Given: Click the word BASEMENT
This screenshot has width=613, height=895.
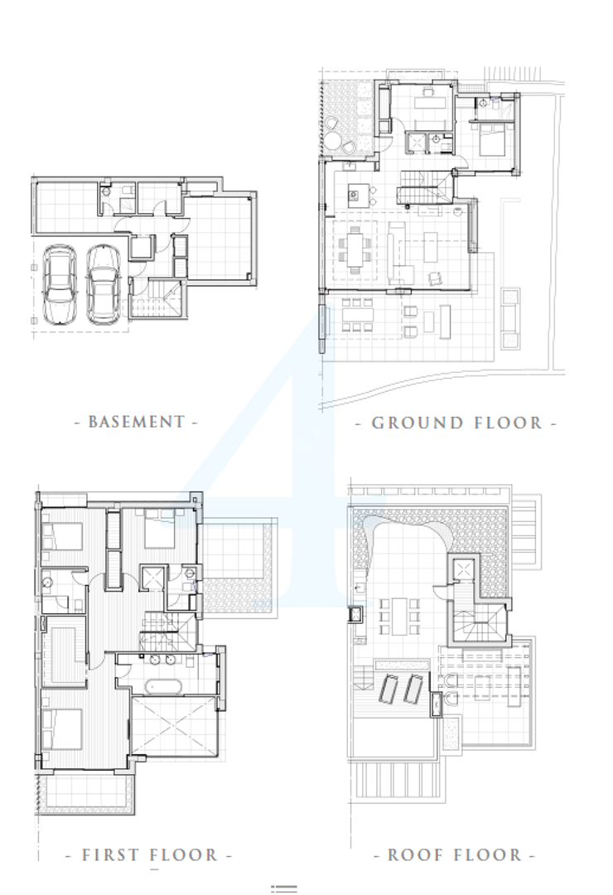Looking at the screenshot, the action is [x=137, y=422].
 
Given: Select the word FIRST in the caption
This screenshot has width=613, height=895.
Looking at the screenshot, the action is [x=111, y=855].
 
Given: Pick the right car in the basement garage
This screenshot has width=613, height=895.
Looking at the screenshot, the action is [x=104, y=284].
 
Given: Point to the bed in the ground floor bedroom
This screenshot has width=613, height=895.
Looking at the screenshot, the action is [x=491, y=140].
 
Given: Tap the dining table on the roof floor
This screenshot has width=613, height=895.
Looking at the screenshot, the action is [x=399, y=617].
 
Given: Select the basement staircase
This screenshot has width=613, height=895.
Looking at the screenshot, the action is [x=157, y=297].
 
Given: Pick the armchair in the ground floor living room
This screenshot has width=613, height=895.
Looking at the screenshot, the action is [x=435, y=278].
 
